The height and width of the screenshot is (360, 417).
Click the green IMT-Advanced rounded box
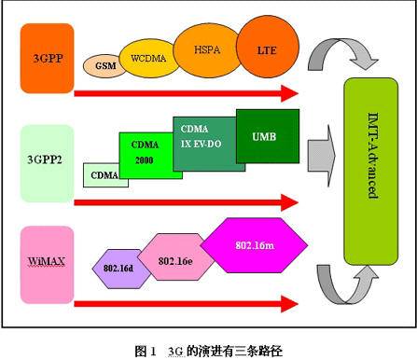[375, 171]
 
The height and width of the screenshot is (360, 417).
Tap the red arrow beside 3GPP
[187, 94]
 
